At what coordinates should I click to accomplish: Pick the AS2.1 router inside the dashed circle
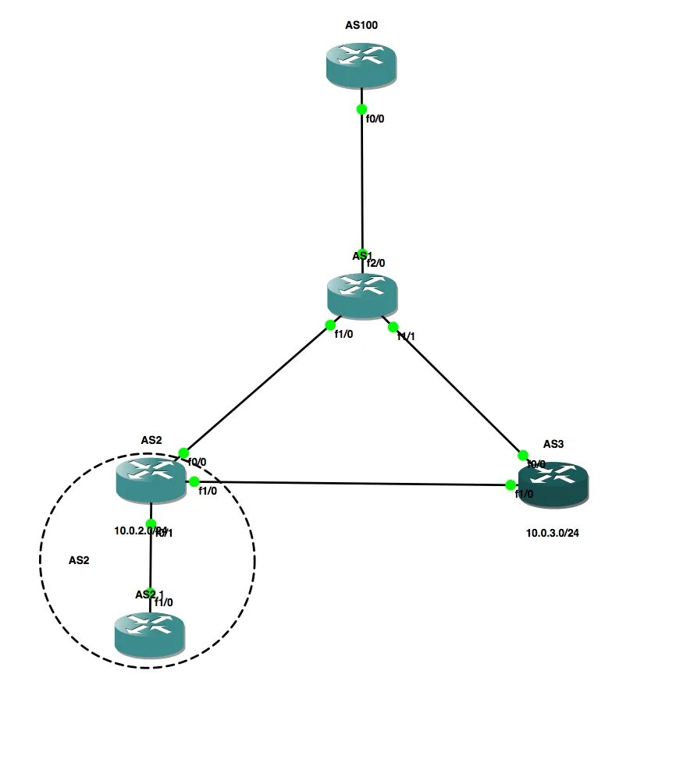click(149, 633)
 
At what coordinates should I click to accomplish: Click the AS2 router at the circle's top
click(151, 478)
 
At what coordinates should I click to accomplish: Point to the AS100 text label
click(361, 25)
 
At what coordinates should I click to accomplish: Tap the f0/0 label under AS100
click(375, 119)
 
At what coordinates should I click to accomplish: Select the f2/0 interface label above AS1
click(375, 264)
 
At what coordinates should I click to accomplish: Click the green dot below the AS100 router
click(361, 110)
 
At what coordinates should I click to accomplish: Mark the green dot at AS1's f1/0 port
click(330, 325)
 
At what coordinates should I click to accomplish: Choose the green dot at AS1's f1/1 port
click(393, 327)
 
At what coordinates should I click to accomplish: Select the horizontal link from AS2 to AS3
click(351, 483)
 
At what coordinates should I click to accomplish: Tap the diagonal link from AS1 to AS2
click(258, 388)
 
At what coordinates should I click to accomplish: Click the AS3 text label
click(553, 444)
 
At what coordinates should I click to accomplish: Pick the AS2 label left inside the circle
click(79, 560)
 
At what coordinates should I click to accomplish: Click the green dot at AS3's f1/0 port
click(511, 485)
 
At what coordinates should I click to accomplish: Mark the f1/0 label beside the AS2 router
click(207, 491)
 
